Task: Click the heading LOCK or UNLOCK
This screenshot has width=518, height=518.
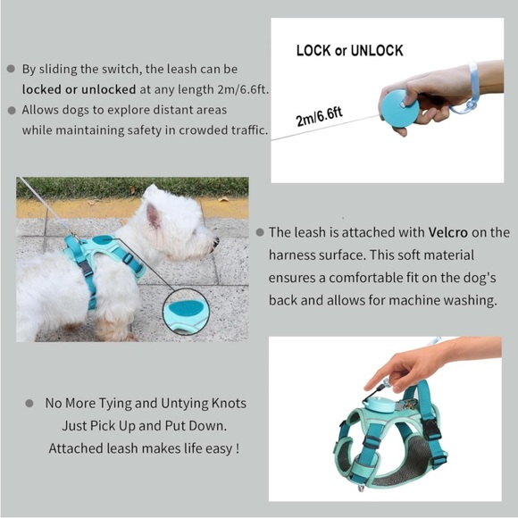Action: click(349, 51)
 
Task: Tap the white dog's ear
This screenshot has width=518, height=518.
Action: click(154, 214)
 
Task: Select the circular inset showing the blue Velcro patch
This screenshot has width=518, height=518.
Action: click(187, 313)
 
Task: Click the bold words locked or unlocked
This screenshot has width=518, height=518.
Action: click(78, 90)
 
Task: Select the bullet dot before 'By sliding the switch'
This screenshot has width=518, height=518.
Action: click(11, 69)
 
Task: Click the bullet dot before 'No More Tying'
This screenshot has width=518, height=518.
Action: click(31, 404)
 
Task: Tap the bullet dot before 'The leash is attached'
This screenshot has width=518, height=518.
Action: click(260, 232)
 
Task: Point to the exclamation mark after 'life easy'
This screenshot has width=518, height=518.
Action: click(237, 447)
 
